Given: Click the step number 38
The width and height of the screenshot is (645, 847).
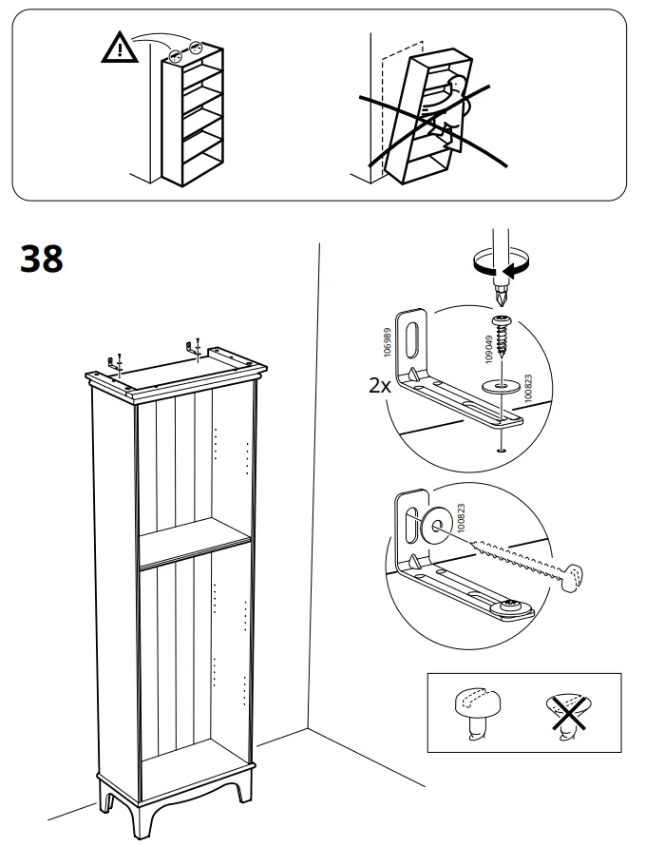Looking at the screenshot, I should (x=42, y=259).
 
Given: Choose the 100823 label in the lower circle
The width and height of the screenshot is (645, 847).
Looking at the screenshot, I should (x=461, y=517).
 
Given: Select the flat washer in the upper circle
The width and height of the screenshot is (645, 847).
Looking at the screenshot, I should (x=503, y=386).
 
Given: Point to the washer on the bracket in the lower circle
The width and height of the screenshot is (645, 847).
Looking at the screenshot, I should (x=438, y=522).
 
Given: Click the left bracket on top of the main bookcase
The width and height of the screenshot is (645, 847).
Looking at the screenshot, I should (x=117, y=362).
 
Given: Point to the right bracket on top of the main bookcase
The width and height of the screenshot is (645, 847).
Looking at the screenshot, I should (x=197, y=348).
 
